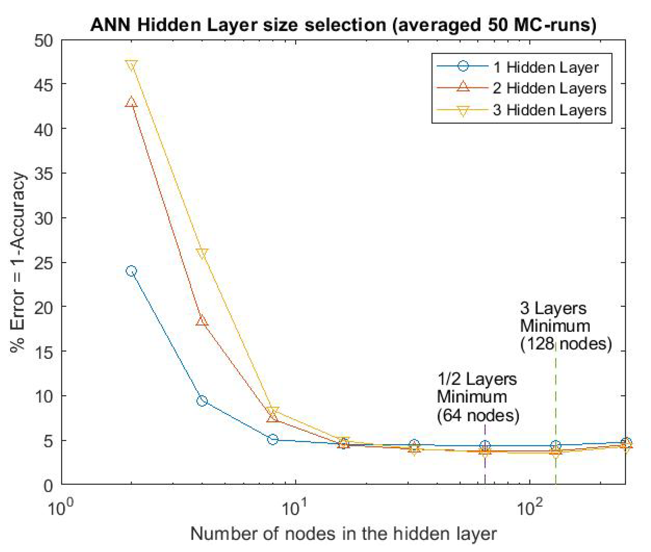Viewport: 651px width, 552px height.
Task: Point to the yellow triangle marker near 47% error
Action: click(x=131, y=66)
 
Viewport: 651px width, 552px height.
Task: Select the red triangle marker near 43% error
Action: click(x=131, y=102)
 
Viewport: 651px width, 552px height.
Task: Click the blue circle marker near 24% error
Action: click(x=131, y=271)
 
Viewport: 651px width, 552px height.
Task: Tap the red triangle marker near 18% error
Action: click(x=202, y=321)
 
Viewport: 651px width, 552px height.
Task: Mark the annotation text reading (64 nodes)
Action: click(x=478, y=416)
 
